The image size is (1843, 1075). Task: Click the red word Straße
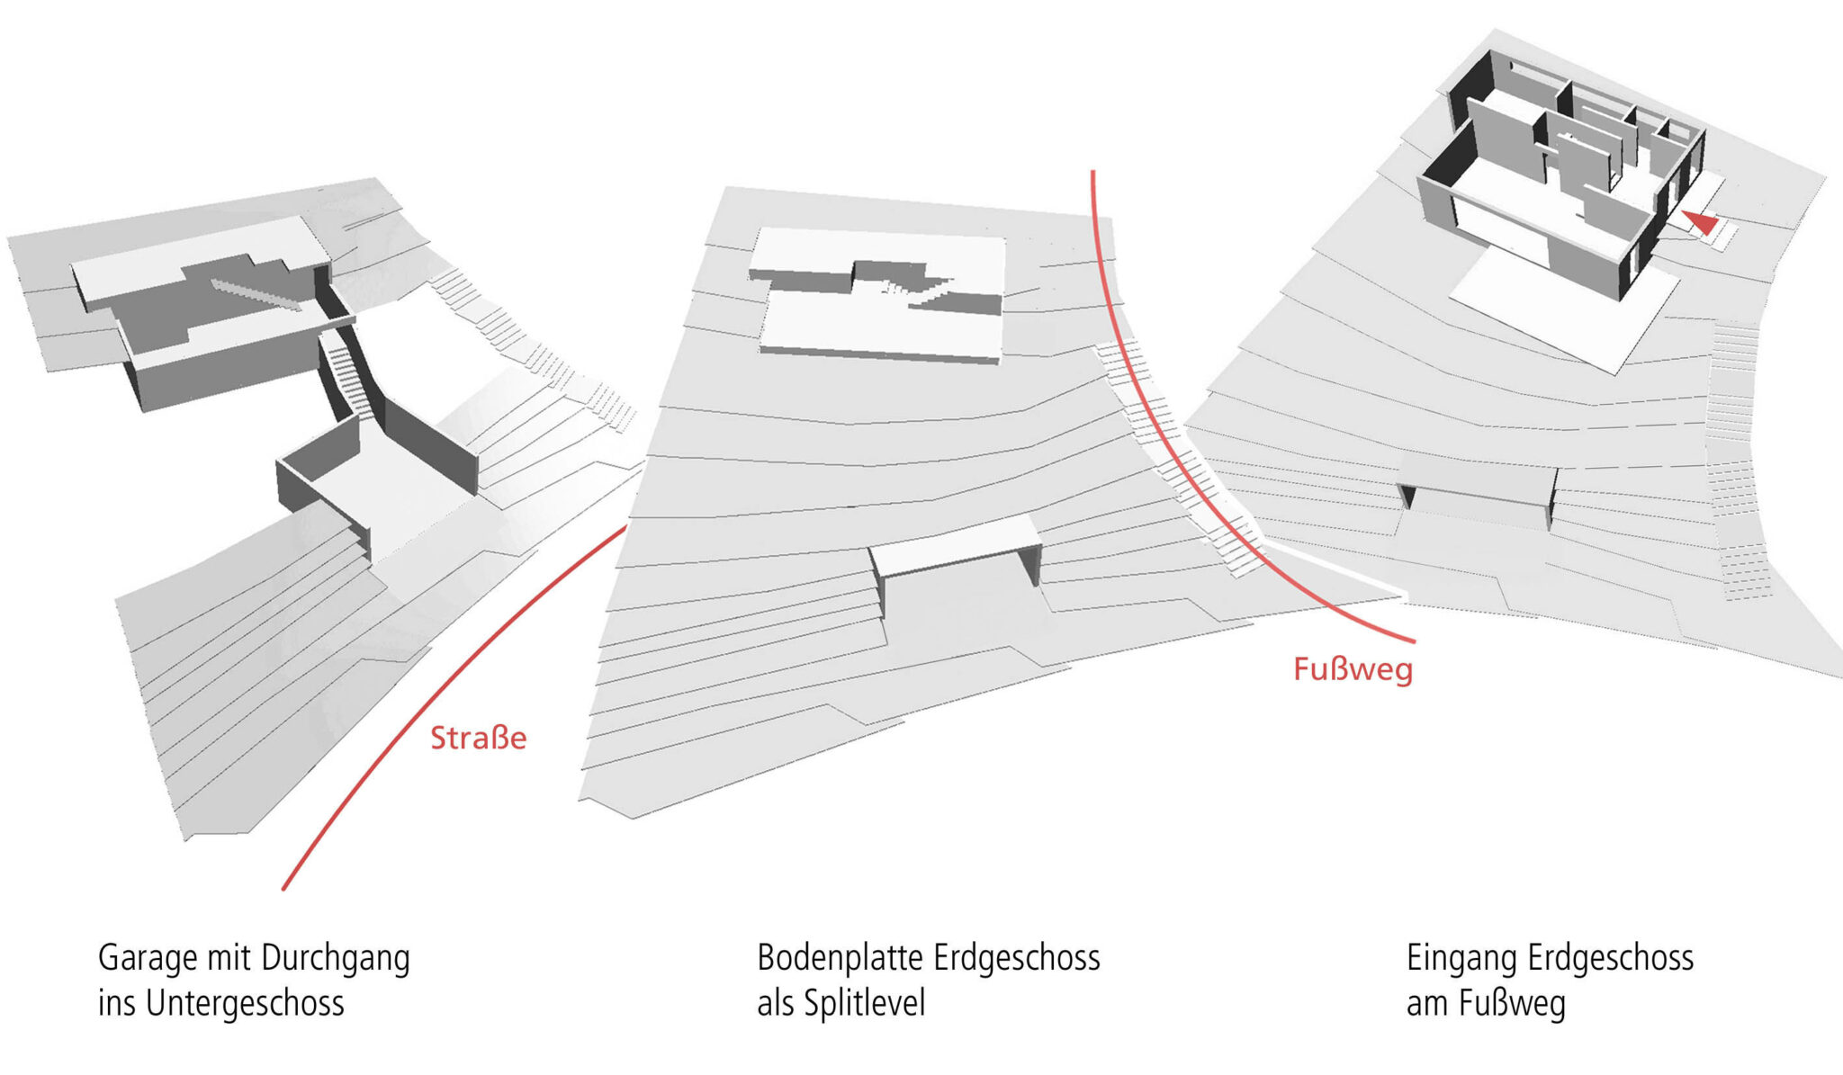pos(478,738)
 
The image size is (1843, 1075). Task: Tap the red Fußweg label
pos(1353,669)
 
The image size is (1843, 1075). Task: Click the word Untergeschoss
pos(245,1003)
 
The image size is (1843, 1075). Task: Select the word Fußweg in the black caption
pos(1512,1003)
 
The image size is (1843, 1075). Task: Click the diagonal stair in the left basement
pos(256,294)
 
